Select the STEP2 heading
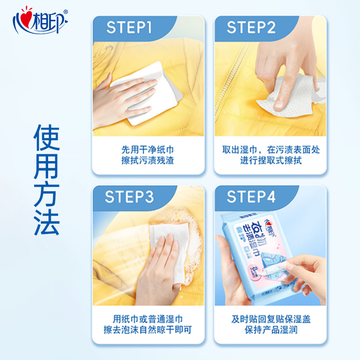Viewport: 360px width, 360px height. point(251,27)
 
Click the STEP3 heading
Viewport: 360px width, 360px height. point(130,197)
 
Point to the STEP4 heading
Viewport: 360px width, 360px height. point(252,197)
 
